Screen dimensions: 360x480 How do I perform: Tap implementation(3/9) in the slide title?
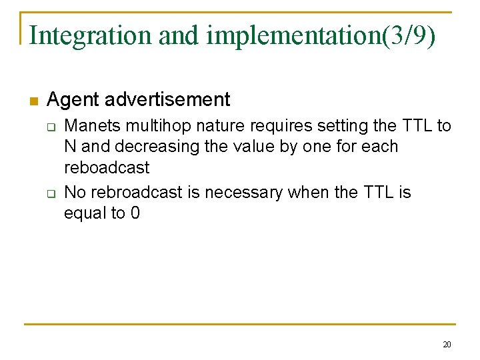point(321,35)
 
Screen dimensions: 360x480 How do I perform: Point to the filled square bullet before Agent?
point(33,101)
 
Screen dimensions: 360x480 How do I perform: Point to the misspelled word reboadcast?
point(107,167)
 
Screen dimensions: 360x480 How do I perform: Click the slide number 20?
point(447,345)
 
